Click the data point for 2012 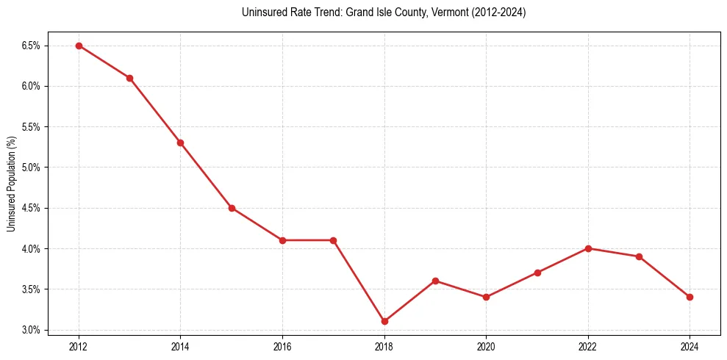point(79,46)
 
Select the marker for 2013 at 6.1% point(129,78)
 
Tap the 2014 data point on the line point(180,143)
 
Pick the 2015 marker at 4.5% point(232,208)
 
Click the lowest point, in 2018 point(384,321)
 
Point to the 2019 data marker point(435,281)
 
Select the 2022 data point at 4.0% point(588,248)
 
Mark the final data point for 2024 point(690,297)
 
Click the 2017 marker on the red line point(333,240)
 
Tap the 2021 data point point(537,273)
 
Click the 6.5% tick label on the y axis point(30,46)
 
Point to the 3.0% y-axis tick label point(30,330)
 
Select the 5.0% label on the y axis point(30,168)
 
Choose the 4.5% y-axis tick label point(30,208)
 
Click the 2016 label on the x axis point(282,347)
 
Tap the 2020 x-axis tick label point(486,347)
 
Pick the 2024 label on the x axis point(690,347)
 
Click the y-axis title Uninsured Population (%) point(11,184)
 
